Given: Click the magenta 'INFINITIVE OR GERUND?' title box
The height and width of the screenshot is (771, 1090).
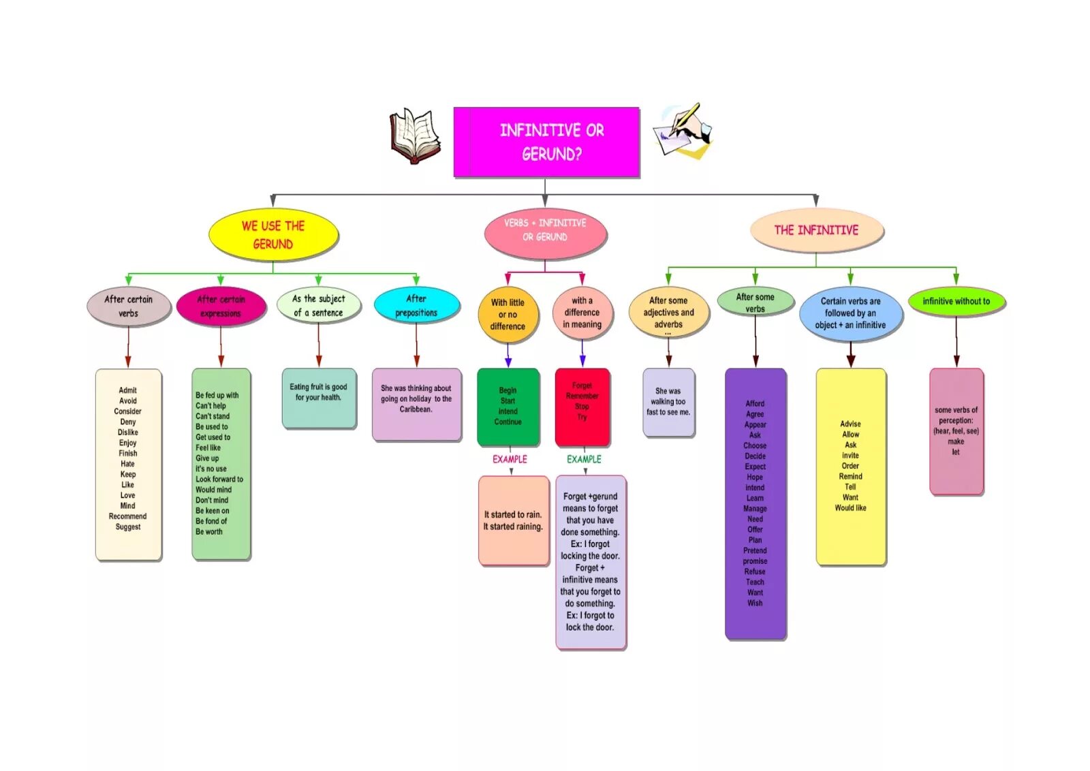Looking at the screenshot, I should (546, 142).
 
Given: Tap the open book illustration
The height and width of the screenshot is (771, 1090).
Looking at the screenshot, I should (414, 135).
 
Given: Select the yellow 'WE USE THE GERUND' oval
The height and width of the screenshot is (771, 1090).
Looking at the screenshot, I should (273, 235).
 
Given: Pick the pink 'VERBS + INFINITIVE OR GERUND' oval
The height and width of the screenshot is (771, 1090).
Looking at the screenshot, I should (545, 230).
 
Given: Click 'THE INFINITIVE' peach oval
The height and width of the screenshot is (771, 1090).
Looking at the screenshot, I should (816, 230).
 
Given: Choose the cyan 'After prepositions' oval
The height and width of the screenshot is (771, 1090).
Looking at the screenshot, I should (416, 305).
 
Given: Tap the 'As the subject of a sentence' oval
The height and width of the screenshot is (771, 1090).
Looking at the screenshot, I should (318, 305).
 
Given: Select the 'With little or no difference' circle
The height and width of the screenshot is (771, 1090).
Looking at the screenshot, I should (508, 314).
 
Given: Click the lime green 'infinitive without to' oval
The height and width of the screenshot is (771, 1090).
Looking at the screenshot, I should (956, 301).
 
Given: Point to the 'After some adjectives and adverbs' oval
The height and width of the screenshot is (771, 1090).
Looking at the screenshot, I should (668, 313).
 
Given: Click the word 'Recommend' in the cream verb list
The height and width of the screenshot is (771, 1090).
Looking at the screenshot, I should (127, 516).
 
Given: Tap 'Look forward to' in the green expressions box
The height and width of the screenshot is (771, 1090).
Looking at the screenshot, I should (219, 479).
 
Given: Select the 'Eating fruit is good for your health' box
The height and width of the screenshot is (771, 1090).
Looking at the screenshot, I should (319, 398).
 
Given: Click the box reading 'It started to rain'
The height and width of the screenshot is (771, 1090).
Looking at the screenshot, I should (513, 520).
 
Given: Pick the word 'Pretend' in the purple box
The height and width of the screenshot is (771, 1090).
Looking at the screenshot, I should (755, 550).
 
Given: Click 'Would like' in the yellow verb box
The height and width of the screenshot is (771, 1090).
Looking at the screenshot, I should (850, 508).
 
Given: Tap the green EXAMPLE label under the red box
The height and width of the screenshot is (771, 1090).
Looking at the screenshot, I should (584, 459).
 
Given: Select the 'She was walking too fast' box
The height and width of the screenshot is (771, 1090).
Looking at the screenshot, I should (668, 402).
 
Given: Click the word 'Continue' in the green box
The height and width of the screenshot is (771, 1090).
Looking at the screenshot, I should (508, 422).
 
